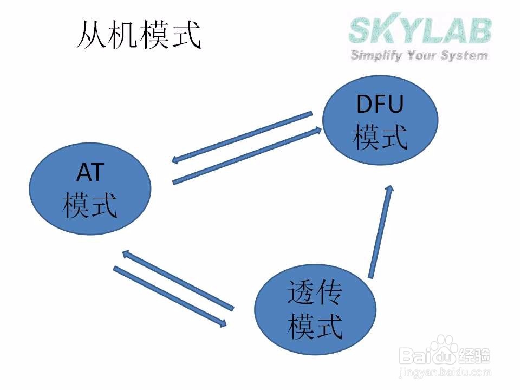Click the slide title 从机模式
140,35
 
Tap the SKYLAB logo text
420,31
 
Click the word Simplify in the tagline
378,55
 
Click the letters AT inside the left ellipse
89,174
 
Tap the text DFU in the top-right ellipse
380,104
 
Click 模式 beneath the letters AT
89,206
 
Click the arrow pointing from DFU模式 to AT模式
242,137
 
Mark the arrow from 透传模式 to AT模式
178,280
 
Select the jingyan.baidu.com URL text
445,373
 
